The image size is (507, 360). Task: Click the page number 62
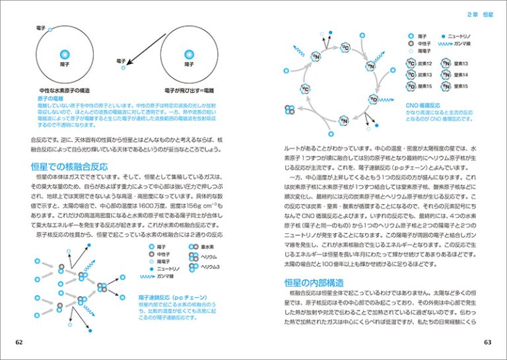(x=18, y=342)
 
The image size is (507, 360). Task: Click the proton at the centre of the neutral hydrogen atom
(x=64, y=55)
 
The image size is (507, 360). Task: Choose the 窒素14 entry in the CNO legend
(x=458, y=75)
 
